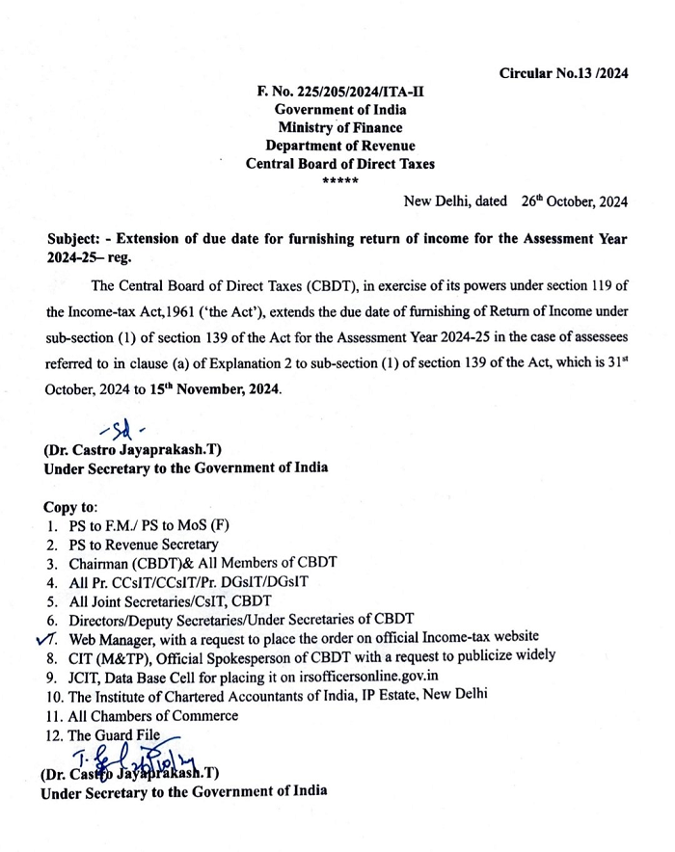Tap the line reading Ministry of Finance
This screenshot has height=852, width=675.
click(340, 127)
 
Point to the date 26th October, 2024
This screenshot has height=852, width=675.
click(574, 202)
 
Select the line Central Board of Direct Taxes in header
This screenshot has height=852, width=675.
click(340, 164)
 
